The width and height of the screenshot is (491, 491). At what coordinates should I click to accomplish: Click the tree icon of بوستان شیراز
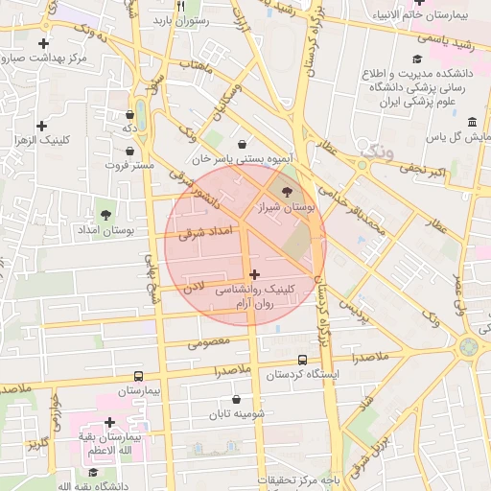point(288,191)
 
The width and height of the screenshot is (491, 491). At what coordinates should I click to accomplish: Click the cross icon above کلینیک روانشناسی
point(254,274)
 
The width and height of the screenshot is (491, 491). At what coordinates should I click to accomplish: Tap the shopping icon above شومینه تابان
point(237,399)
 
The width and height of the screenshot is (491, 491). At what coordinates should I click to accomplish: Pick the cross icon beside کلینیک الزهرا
point(41,126)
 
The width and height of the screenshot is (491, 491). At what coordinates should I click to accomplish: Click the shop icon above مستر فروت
point(130,151)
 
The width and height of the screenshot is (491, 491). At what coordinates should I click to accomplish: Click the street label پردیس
point(356,309)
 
